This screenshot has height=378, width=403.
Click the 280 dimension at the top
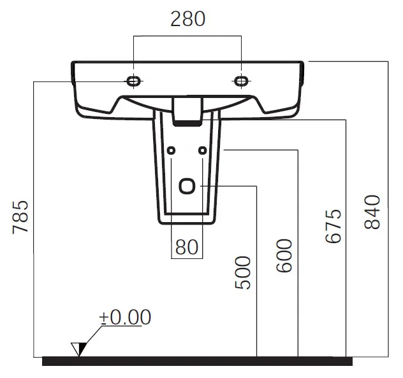click(x=188, y=18)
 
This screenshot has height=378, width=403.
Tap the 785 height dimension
click(x=20, y=217)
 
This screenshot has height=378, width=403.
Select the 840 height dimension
click(x=372, y=212)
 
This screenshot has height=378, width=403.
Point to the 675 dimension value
click(x=333, y=226)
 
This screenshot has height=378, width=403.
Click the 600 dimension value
click(x=284, y=255)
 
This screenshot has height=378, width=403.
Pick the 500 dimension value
click(x=242, y=272)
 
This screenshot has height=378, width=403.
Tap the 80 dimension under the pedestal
click(x=187, y=247)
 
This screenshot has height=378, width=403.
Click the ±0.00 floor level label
click(x=125, y=317)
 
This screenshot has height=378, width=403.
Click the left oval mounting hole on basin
click(x=134, y=81)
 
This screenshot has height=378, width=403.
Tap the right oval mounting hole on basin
click(x=242, y=81)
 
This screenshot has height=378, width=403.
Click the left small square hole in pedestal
click(x=171, y=150)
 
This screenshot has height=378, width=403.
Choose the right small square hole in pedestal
click(x=203, y=150)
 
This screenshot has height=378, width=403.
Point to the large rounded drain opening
click(x=187, y=186)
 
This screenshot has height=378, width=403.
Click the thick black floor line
click(x=197, y=361)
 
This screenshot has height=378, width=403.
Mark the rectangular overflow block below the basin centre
click(x=187, y=111)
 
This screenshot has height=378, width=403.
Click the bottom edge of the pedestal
click(x=187, y=223)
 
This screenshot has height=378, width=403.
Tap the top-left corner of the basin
click(x=72, y=62)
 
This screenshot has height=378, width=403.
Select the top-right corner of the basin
click(x=303, y=62)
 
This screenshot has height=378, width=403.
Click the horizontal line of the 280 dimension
click(x=187, y=36)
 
